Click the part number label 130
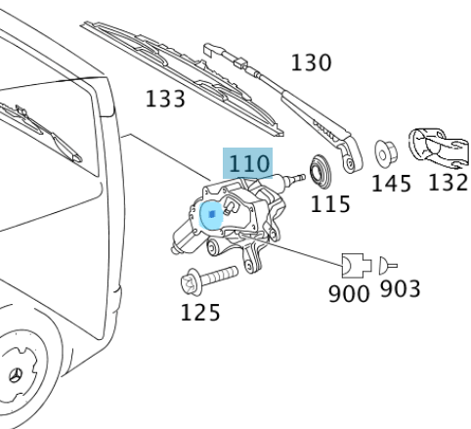point(312,63)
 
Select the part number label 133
point(165,99)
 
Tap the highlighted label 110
point(248,163)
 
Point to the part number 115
point(330,204)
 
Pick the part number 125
point(199,313)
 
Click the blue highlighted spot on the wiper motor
point(210,216)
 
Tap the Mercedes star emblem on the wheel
point(18,376)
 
